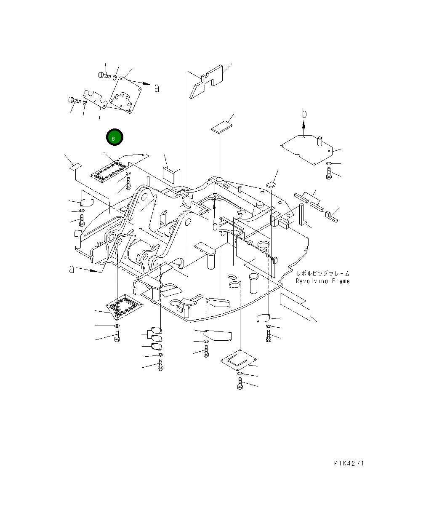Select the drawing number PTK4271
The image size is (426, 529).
pyautogui.click(x=349, y=463)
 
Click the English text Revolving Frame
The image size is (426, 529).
pyautogui.click(x=322, y=281)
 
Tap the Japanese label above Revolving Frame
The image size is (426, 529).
pyautogui.click(x=323, y=274)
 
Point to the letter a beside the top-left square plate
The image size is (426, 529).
pyautogui.click(x=157, y=88)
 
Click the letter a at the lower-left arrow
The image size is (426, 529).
pyautogui.click(x=72, y=269)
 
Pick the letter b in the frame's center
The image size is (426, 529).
pyautogui.click(x=215, y=226)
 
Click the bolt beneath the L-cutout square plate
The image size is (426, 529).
pyautogui.click(x=240, y=384)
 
